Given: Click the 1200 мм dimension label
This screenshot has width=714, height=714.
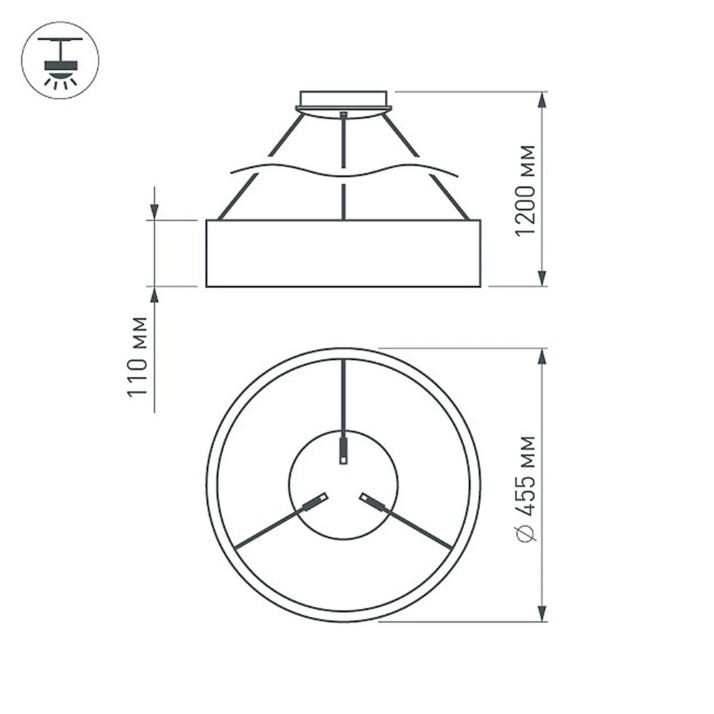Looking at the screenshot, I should (x=526, y=191).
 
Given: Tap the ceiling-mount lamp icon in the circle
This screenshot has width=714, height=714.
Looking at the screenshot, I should (x=60, y=60).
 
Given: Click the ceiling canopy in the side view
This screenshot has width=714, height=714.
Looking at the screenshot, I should (x=343, y=101).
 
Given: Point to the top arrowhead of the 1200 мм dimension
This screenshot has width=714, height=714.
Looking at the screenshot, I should (x=542, y=101).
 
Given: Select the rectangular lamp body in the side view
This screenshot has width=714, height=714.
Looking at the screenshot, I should (x=343, y=253).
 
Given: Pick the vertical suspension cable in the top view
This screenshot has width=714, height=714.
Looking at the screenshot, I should (x=343, y=400).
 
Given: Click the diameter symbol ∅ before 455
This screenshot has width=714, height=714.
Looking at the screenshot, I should (x=526, y=532).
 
